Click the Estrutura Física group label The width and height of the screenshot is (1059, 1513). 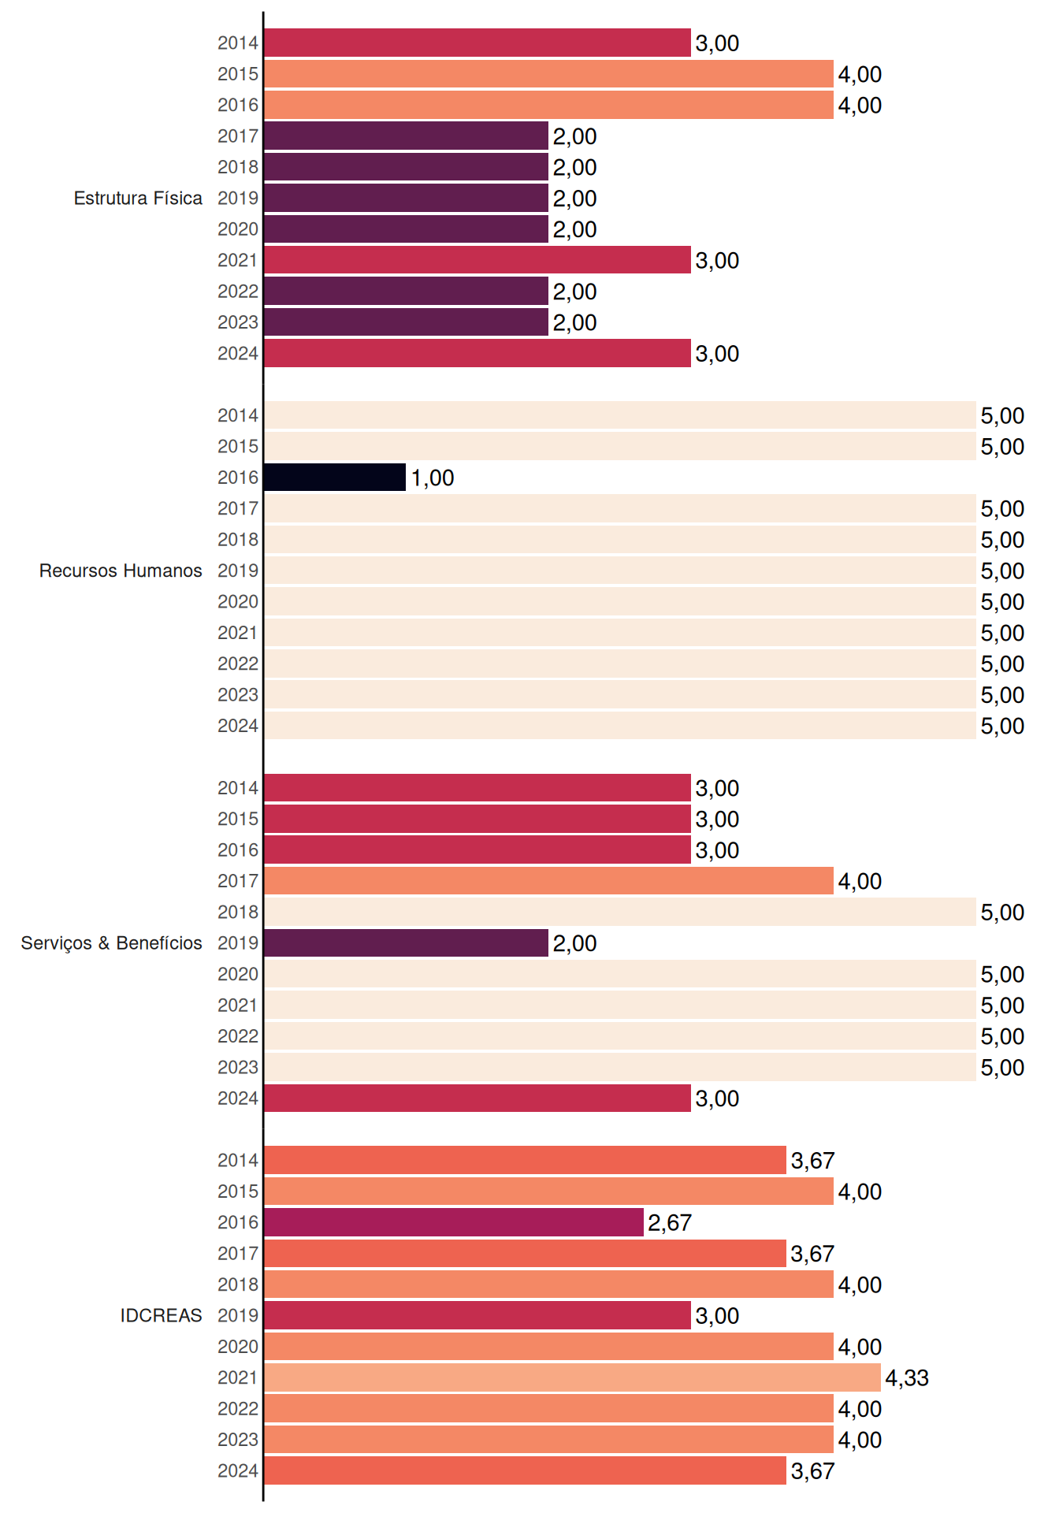138,198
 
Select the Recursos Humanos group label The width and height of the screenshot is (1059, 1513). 121,571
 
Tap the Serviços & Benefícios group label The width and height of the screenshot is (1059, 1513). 111,943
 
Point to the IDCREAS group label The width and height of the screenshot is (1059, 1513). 161,1315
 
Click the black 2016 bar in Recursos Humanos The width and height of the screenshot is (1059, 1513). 335,478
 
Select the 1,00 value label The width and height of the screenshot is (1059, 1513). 433,478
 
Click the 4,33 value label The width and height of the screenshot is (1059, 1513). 907,1377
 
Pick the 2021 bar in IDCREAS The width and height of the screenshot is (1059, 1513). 572,1377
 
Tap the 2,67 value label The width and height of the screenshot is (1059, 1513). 670,1222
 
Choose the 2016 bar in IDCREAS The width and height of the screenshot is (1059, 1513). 454,1222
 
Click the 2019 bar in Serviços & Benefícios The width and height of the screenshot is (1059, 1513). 406,943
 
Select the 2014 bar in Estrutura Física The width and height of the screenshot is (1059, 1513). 477,43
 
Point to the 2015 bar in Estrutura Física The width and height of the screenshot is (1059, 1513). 548,74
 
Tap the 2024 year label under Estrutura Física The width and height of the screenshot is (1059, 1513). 238,354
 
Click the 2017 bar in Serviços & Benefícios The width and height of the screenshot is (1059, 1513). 548,881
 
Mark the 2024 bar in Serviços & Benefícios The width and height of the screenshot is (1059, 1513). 477,1099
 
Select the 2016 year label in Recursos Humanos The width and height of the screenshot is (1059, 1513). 238,478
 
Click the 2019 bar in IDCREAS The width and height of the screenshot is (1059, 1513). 477,1315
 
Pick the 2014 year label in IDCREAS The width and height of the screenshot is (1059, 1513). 238,1160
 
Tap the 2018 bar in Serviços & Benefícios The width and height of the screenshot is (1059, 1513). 620,912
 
